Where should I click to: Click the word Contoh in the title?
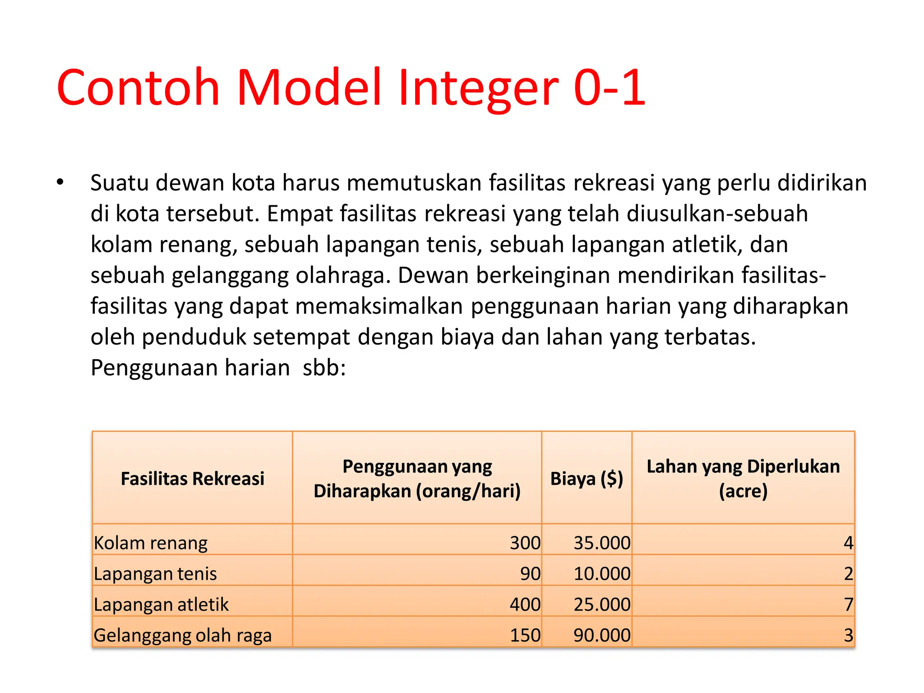(x=138, y=88)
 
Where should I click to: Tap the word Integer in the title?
(x=478, y=88)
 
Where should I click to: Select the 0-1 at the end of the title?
(x=610, y=88)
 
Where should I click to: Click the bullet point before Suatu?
(x=60, y=183)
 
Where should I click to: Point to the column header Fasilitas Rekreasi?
(x=192, y=479)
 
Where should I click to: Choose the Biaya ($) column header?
(x=587, y=479)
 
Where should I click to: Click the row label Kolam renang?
(x=151, y=543)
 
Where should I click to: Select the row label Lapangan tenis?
(x=155, y=573)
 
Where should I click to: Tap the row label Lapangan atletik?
(x=161, y=604)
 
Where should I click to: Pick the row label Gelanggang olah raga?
(x=183, y=635)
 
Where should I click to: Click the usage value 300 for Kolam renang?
(x=525, y=543)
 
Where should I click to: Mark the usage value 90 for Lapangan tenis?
(x=530, y=573)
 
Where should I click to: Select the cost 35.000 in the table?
(x=602, y=543)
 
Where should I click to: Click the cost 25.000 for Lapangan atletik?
(x=602, y=604)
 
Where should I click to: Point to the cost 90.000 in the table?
(x=602, y=635)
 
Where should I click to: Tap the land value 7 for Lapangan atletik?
(x=848, y=604)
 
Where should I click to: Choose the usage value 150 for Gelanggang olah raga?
(x=525, y=635)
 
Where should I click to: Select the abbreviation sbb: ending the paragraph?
(x=324, y=368)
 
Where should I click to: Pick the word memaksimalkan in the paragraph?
(x=379, y=306)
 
